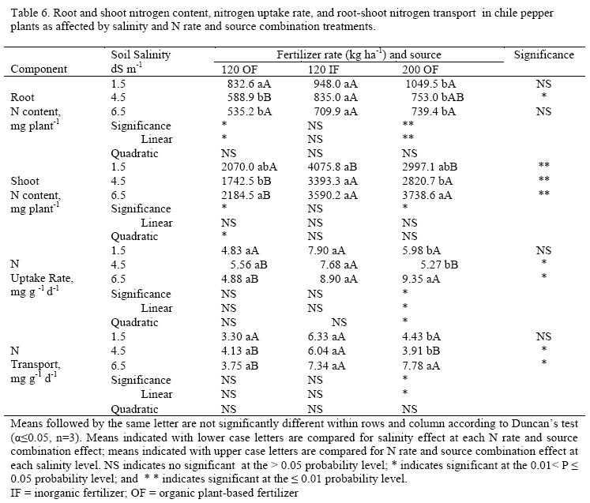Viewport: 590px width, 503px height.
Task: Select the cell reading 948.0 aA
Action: coord(340,83)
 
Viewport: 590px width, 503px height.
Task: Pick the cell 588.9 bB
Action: coord(254,97)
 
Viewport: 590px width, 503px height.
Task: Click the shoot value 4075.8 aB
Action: coord(343,167)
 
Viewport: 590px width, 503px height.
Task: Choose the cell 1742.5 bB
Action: coord(252,180)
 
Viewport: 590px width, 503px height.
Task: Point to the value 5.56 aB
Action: coord(258,264)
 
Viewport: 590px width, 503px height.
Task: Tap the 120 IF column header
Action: coord(327,69)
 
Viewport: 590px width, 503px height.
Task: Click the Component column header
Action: coord(37,69)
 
